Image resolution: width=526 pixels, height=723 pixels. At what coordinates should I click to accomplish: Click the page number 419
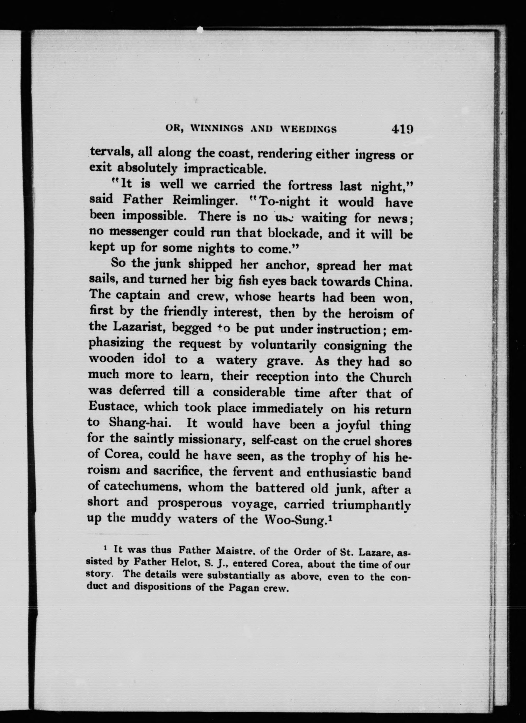point(399,129)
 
